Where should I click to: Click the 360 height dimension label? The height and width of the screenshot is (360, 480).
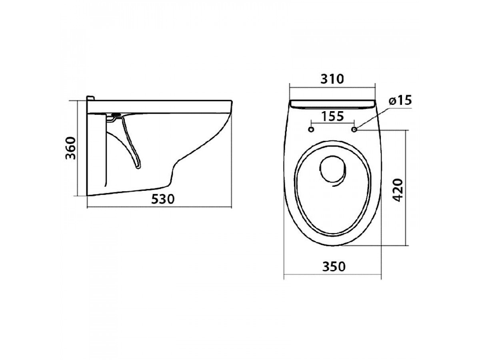pos(71,148)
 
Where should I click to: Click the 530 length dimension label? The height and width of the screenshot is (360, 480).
pos(163,199)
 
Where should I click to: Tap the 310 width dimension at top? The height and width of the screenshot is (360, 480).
pos(332,79)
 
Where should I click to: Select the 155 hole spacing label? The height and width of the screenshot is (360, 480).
pos(332,116)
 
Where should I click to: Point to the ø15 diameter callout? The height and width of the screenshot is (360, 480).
pos(400,100)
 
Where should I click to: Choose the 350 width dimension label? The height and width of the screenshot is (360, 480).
pos(334,267)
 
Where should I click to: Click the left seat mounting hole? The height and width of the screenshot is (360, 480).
pos(311,129)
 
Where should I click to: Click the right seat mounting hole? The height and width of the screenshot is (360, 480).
pos(354,129)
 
